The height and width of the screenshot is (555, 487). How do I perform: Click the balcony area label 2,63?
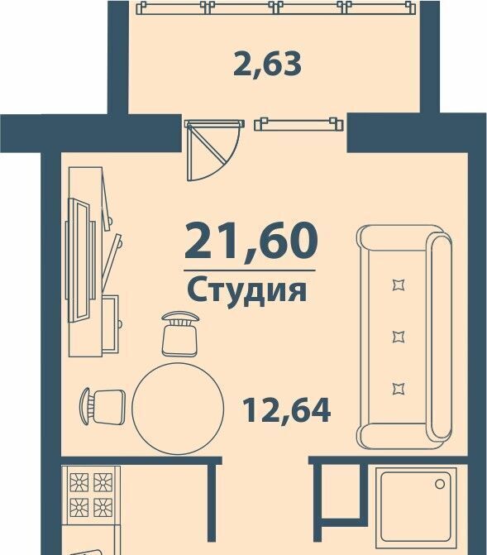point(267,64)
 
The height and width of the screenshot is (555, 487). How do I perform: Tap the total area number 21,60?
point(251,242)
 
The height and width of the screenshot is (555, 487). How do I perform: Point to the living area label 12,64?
point(287,410)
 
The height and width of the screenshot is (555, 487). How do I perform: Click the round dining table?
point(178,409)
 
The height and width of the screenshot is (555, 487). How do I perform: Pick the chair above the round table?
point(179,333)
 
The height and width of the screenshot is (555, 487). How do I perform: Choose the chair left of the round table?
point(103,406)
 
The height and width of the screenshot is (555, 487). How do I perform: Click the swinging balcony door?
point(212,150)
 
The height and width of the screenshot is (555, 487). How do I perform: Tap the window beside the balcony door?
point(298,124)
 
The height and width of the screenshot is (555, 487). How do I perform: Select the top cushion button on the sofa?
point(399,285)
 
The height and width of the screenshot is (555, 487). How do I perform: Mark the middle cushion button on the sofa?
point(399,337)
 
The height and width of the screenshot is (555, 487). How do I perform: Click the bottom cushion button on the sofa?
point(399,389)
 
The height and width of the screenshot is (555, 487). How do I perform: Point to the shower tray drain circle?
point(440,484)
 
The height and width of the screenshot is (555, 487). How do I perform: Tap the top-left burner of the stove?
point(79,482)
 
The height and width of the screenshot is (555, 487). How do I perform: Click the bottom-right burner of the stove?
point(103,507)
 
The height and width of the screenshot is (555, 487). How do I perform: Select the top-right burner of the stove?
point(103,482)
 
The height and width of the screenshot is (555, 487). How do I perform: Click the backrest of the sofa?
point(441,337)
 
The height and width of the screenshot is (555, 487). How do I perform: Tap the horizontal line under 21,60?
point(250,270)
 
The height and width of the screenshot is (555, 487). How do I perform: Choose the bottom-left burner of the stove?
point(79,507)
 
